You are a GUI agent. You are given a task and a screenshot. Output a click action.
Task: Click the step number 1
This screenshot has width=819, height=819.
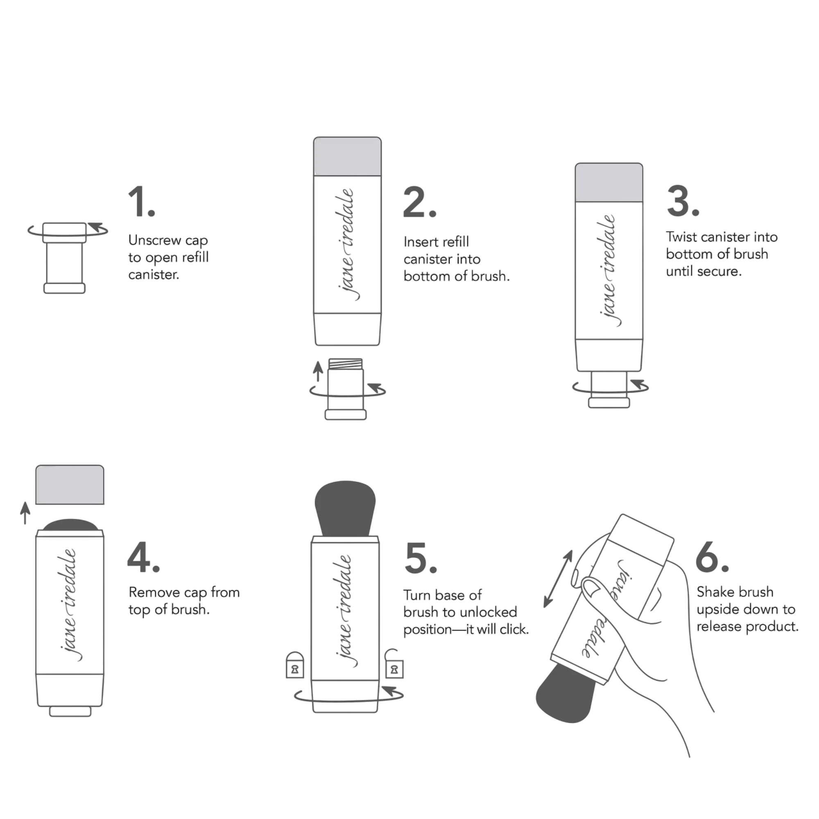[x=142, y=202]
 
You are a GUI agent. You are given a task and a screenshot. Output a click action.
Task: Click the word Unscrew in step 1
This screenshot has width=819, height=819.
[x=156, y=240]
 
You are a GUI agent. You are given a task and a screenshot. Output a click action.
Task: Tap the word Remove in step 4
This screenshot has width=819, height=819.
[x=154, y=592]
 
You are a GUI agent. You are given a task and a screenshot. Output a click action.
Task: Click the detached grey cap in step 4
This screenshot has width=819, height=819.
[x=70, y=484]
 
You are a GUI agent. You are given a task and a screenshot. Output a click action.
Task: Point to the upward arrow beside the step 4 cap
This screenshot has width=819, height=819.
[x=25, y=513]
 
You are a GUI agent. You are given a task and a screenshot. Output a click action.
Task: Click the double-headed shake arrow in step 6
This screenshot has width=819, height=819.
[x=558, y=579]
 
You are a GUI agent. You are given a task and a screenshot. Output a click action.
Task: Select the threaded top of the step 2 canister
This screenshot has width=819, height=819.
[x=346, y=364]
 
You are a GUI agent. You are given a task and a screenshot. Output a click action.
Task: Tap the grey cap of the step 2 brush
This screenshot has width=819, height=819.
[x=347, y=156]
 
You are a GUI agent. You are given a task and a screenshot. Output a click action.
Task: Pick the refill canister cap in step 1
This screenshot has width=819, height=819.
[x=64, y=232]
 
